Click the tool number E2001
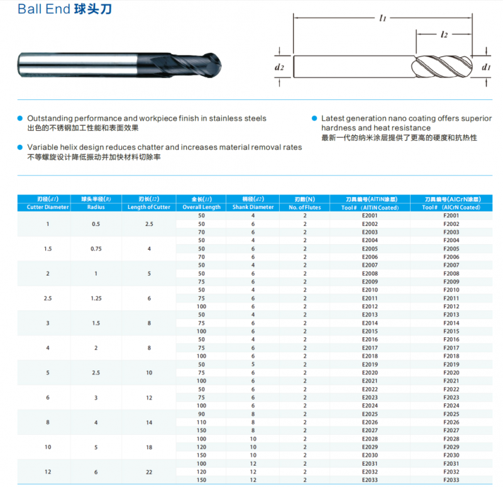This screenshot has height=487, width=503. (370, 216)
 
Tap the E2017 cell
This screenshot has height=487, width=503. (370, 347)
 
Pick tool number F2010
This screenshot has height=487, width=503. (451, 289)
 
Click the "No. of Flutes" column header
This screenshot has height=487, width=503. (305, 207)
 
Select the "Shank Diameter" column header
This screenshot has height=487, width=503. (253, 207)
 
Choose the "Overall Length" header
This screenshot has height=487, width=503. (201, 207)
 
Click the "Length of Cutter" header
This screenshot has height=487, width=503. (149, 207)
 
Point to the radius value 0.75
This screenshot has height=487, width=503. (96, 249)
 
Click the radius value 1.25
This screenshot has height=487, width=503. (96, 298)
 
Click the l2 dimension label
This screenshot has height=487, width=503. (444, 35)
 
